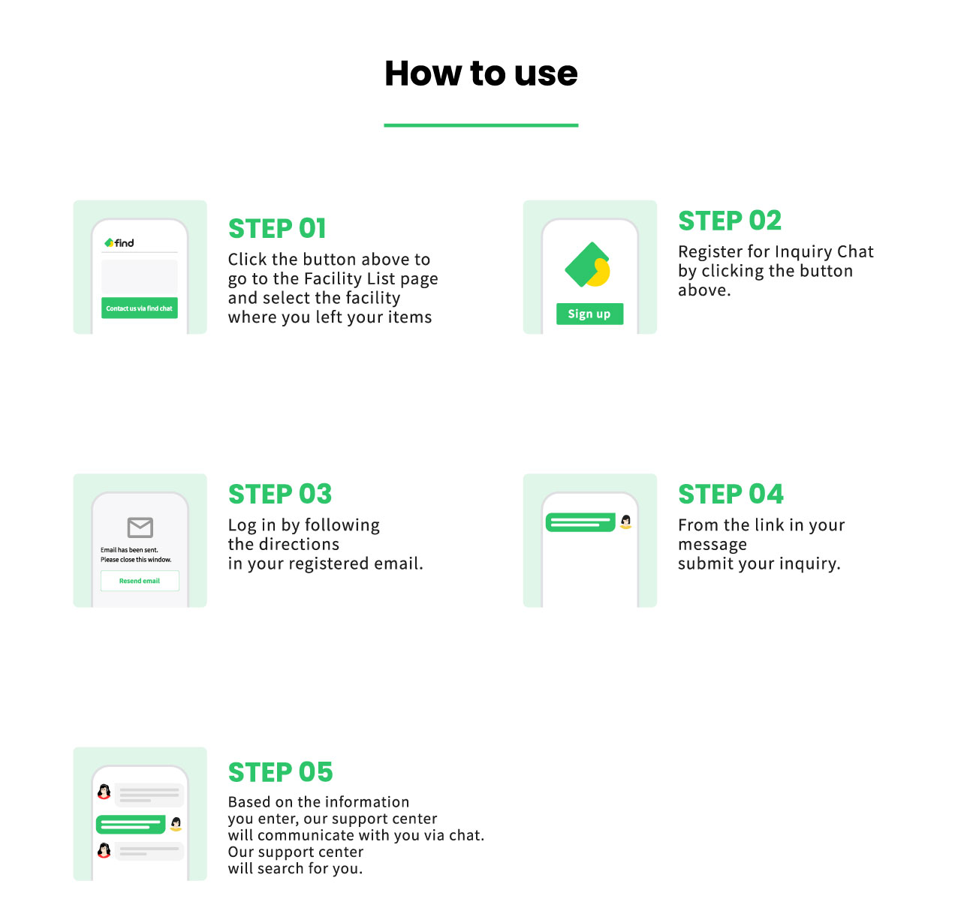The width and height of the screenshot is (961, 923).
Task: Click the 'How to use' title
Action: point(480,73)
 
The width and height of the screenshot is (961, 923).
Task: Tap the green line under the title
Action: point(480,125)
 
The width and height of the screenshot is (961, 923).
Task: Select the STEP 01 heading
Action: point(277,229)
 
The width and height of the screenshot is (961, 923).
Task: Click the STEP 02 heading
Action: point(730,221)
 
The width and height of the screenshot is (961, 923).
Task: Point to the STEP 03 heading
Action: point(280,494)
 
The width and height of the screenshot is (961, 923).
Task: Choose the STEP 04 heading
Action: point(731,494)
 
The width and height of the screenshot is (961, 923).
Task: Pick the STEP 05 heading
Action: point(281,772)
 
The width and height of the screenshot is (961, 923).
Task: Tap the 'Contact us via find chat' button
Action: point(139,308)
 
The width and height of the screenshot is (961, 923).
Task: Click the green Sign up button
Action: point(589,314)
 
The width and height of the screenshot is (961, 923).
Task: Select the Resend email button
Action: point(140,581)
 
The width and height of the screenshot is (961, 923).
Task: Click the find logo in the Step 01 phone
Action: point(119,243)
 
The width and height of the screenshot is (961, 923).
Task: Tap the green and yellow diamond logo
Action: point(587,264)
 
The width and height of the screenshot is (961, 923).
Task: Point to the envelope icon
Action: point(140,528)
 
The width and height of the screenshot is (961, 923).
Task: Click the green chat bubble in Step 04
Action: point(580,522)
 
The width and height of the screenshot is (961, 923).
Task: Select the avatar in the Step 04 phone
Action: point(625,522)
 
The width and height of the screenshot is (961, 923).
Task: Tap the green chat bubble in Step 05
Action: point(131,824)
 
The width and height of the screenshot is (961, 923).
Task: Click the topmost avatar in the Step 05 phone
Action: point(104,791)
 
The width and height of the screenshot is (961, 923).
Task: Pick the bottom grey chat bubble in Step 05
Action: point(149,852)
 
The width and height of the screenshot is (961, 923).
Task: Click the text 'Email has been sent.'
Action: point(129,550)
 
